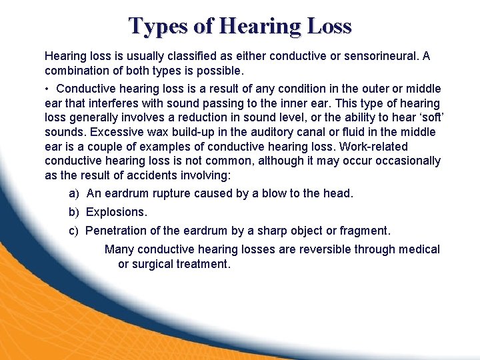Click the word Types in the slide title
pyautogui.click(x=157, y=25)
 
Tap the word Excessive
pyautogui.click(x=119, y=132)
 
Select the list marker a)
pyautogui.click(x=74, y=193)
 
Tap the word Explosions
pyautogui.click(x=116, y=212)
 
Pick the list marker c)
pyautogui.click(x=74, y=231)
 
